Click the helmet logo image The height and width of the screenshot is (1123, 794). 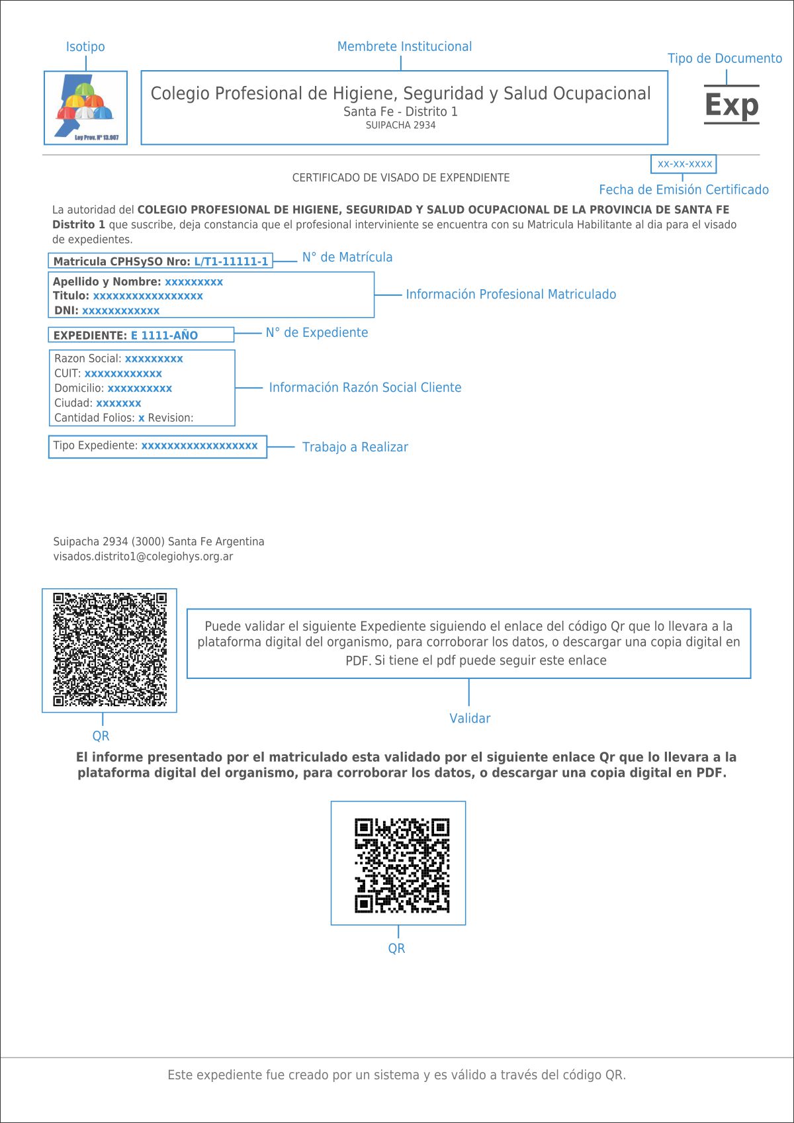(x=86, y=107)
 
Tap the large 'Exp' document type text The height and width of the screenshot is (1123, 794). (x=731, y=105)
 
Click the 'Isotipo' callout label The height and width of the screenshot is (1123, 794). (x=85, y=47)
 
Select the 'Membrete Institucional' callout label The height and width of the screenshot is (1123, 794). (x=404, y=47)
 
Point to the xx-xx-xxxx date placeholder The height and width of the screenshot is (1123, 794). (x=684, y=163)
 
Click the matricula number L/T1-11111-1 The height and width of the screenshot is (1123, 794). (x=231, y=261)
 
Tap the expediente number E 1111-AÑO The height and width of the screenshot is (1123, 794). (x=164, y=336)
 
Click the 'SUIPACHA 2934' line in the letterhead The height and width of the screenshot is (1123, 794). (x=400, y=125)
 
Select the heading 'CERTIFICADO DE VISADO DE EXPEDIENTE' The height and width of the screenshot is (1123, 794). (x=401, y=178)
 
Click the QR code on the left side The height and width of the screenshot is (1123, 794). (x=110, y=650)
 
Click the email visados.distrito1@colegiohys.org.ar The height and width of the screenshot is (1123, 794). (x=143, y=557)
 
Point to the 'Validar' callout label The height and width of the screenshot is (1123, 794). (x=470, y=719)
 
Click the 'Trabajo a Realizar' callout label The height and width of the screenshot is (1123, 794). (x=355, y=447)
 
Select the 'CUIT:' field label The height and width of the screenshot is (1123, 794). (x=67, y=374)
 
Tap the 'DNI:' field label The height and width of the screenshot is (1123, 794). (x=66, y=311)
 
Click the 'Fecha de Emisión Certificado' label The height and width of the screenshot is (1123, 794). (x=684, y=190)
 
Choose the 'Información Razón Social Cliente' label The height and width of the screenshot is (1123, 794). (x=365, y=388)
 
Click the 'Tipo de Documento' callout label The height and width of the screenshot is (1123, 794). (x=725, y=59)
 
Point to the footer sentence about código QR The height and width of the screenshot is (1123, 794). (x=396, y=1075)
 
